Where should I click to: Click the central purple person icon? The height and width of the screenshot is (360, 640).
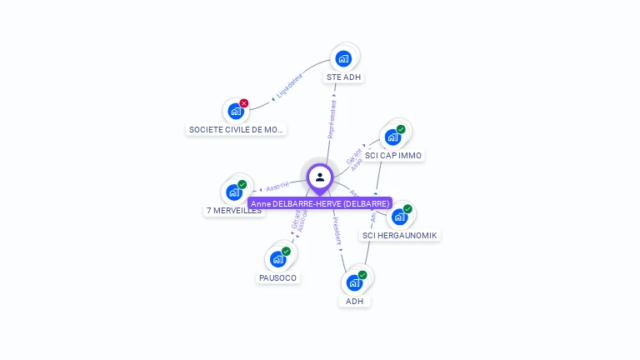(320, 177)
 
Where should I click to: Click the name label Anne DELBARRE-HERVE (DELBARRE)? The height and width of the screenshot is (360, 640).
(320, 203)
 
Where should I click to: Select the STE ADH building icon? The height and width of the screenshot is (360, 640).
(343, 58)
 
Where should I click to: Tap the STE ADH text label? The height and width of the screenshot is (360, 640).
(344, 77)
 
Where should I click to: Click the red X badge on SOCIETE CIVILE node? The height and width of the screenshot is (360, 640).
(244, 103)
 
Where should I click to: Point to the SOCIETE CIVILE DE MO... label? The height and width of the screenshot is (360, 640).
(237, 130)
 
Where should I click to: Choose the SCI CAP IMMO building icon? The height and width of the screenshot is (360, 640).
(392, 137)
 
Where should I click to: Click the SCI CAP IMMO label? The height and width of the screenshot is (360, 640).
(394, 156)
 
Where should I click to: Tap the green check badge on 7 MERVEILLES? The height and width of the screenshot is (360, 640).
(242, 184)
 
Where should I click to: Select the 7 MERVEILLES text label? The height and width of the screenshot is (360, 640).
(234, 211)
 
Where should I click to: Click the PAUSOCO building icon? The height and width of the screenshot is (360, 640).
(277, 259)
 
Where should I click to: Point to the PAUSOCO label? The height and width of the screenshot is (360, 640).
(277, 277)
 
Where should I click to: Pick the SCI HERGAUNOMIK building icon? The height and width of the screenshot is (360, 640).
(399, 217)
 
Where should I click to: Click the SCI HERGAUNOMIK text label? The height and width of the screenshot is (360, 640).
(399, 236)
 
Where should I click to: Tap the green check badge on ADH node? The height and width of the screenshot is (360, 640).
(362, 274)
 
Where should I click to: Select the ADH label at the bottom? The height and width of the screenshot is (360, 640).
(355, 301)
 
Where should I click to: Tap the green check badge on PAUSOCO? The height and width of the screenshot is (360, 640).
(286, 251)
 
